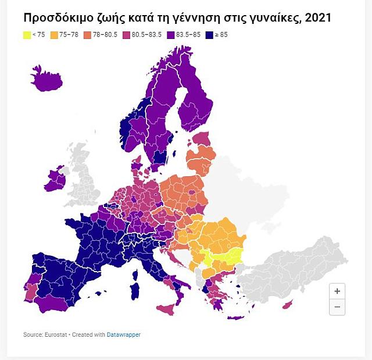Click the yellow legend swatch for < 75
tap(27, 35)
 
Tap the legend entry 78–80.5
tap(105, 35)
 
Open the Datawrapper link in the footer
tap(123, 334)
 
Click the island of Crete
tap(237, 318)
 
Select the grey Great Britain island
tap(81, 174)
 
